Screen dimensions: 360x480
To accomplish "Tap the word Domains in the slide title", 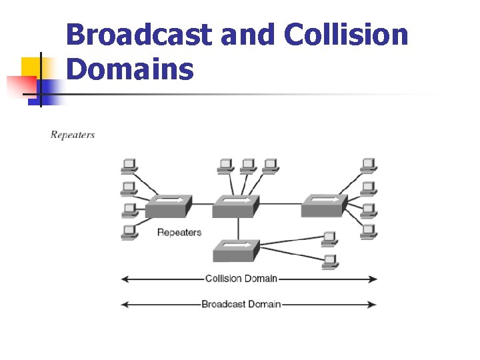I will [x=131, y=69].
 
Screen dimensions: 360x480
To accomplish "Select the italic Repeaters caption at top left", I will [x=73, y=135].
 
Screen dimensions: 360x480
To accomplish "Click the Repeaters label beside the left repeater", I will [x=179, y=232].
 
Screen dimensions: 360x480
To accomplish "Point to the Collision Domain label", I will [x=241, y=279].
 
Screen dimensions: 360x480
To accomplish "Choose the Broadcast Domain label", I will [x=241, y=304].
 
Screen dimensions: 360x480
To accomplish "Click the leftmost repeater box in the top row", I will [x=168, y=206].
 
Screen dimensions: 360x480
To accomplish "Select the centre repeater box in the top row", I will [x=234, y=206].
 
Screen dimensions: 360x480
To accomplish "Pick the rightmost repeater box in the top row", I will [x=323, y=206].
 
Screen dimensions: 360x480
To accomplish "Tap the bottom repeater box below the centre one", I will [x=235, y=251].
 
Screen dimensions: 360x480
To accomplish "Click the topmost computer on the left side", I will [x=129, y=165].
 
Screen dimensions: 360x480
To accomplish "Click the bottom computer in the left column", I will [x=129, y=232].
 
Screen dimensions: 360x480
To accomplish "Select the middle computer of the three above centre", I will [x=248, y=165].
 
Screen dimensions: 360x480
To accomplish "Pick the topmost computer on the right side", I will [x=369, y=165].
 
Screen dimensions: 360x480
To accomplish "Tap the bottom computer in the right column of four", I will [x=369, y=231].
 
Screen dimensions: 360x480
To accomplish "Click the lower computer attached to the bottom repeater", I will [x=329, y=261].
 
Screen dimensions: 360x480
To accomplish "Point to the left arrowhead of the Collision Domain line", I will [x=124, y=279].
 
